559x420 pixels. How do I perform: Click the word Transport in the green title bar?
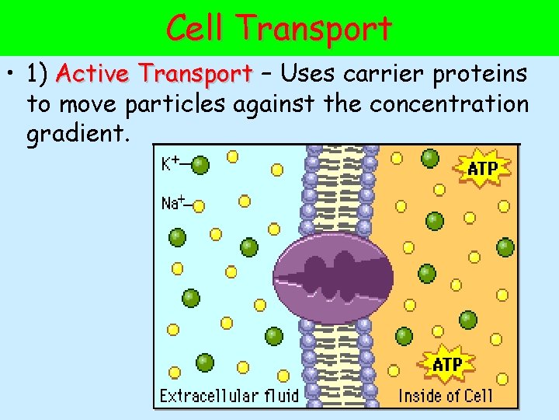pyautogui.click(x=316, y=30)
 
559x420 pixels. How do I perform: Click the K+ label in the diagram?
pyautogui.click(x=171, y=164)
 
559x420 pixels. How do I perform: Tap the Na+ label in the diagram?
pyautogui.click(x=172, y=203)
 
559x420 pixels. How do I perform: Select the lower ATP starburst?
pyautogui.click(x=447, y=363)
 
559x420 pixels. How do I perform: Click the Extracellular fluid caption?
pyautogui.click(x=229, y=395)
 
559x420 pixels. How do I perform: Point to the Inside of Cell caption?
pyautogui.click(x=446, y=395)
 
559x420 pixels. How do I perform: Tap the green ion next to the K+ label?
pyautogui.click(x=200, y=164)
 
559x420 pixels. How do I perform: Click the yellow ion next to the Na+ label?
pyautogui.click(x=200, y=206)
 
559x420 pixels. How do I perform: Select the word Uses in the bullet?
pyautogui.click(x=309, y=75)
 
